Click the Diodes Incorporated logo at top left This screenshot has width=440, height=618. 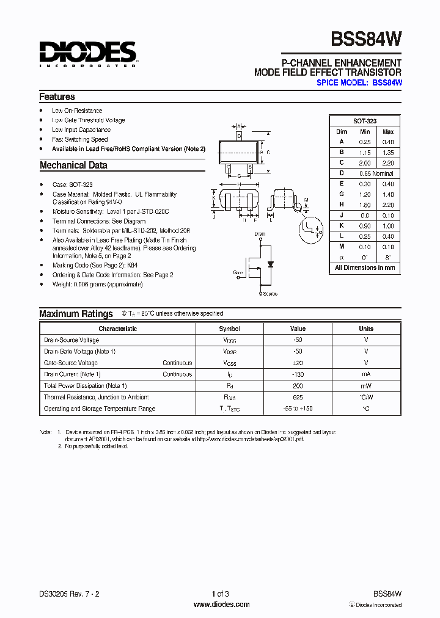87,54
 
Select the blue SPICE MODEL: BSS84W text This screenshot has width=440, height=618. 359,82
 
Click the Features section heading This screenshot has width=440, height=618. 57,96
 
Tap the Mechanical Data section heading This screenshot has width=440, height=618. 73,165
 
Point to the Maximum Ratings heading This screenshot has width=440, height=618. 76,314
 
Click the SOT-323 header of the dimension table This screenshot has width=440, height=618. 365,121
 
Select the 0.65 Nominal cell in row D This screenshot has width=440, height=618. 376,173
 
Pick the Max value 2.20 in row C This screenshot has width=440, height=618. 387,163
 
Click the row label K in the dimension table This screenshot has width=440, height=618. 342,226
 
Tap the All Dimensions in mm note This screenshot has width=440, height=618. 365,267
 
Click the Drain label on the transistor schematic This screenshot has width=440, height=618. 260,234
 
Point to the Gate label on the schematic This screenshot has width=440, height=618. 238,274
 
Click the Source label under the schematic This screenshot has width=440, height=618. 269,294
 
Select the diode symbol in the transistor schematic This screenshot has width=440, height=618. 271,264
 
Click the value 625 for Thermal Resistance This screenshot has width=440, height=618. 298,397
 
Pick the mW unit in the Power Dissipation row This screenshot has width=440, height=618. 365,386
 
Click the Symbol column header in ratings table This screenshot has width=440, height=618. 229,329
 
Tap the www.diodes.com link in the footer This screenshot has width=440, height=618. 221,605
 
